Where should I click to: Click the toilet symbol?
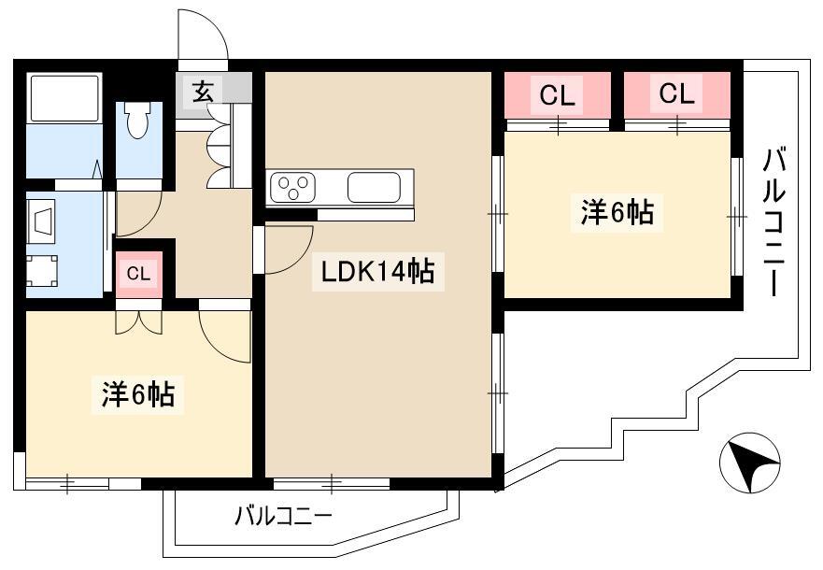click(137, 120)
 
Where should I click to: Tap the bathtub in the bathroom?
click(64, 99)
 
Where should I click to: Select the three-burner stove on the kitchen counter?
click(292, 187)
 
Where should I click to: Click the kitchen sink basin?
click(374, 187)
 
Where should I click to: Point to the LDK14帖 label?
click(378, 271)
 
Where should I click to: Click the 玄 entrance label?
click(204, 93)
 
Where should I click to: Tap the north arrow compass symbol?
click(749, 463)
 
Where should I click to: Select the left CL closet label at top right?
click(558, 95)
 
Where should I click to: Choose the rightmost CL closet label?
click(677, 93)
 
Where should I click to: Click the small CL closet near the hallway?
click(138, 274)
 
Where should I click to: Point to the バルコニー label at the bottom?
click(283, 517)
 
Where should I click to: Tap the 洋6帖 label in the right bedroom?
click(617, 212)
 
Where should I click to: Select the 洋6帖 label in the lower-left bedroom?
click(138, 394)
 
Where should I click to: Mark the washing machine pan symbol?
click(42, 270)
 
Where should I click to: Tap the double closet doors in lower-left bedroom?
click(138, 321)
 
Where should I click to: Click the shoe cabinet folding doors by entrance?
click(219, 146)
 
